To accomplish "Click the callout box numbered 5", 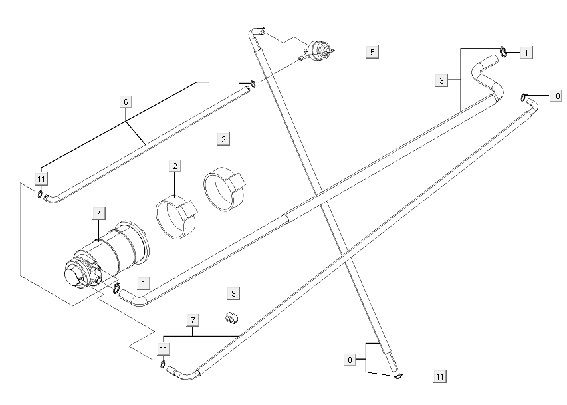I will click(372, 51).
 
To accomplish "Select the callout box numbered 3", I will click(442, 80).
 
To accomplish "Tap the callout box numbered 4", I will click(98, 213).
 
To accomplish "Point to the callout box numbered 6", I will click(126, 102).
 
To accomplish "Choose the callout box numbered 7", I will click(193, 321).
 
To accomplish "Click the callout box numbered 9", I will click(233, 293).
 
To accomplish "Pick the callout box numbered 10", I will click(556, 96).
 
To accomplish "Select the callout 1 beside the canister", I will click(142, 283).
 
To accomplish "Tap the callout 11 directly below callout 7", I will click(163, 348).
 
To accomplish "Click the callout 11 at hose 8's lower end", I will click(439, 376).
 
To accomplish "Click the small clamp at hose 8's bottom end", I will click(398, 377).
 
